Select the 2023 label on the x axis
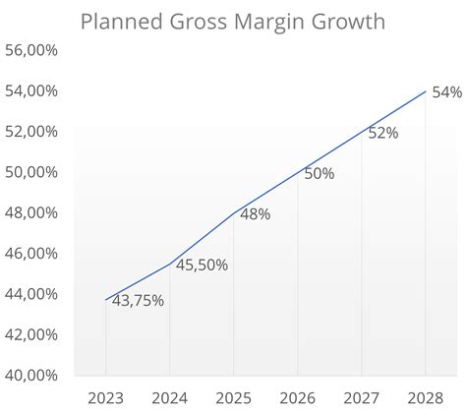pyautogui.click(x=105, y=398)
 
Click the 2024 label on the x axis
pyautogui.click(x=169, y=398)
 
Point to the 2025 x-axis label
pyautogui.click(x=233, y=398)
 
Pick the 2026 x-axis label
pyautogui.click(x=297, y=398)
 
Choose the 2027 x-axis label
pyautogui.click(x=361, y=398)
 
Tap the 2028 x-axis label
pyautogui.click(x=425, y=398)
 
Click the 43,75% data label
pyautogui.click(x=137, y=301)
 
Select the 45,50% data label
pyautogui.click(x=201, y=265)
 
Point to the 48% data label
pyautogui.click(x=255, y=213)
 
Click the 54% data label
pyautogui.click(x=446, y=92)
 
